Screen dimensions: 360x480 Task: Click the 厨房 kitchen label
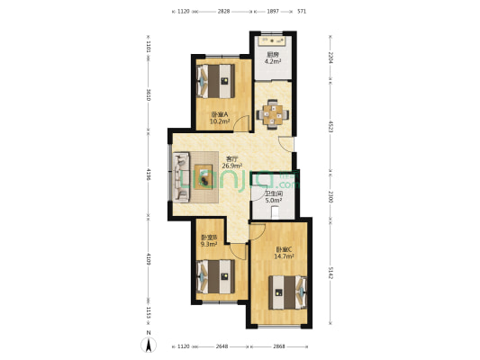pyautogui.click(x=272, y=56)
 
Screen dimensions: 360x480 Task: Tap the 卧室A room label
pyautogui.click(x=219, y=114)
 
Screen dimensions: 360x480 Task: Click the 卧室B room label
pyautogui.click(x=209, y=238)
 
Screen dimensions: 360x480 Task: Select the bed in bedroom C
pyautogui.click(x=287, y=290)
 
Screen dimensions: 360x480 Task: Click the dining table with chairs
pyautogui.click(x=273, y=113)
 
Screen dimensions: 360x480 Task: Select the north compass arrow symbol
pyautogui.click(x=149, y=342)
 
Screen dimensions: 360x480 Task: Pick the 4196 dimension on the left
pyautogui.click(x=150, y=174)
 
